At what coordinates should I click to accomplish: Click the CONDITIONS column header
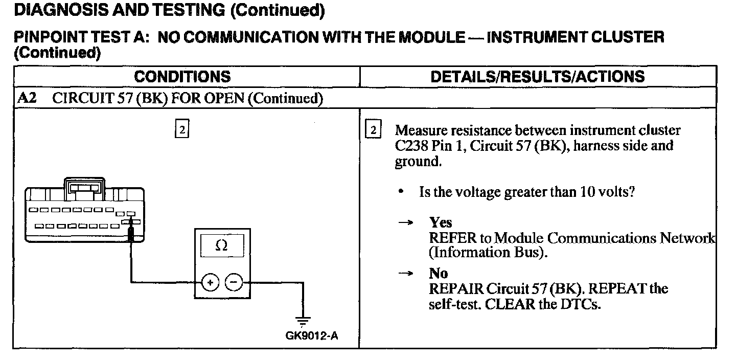tap(182, 77)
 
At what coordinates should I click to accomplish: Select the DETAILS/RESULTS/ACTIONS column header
tap(537, 77)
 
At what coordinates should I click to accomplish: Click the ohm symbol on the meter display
tap(221, 246)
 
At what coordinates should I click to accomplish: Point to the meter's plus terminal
tap(210, 282)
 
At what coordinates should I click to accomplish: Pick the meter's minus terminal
tap(234, 282)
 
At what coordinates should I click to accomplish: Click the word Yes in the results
tap(441, 222)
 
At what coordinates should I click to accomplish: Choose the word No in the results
tap(439, 274)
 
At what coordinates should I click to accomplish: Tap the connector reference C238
tap(411, 146)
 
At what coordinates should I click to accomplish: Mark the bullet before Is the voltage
tap(402, 192)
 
